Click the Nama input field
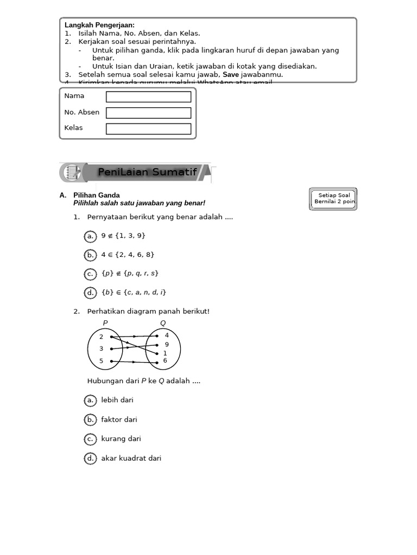(148, 96)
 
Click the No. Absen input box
(148, 113)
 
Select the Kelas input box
(148, 129)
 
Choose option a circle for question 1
(90, 236)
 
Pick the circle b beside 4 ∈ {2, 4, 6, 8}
(90, 255)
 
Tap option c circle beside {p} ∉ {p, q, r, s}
(90, 274)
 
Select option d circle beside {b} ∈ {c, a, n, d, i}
(90, 293)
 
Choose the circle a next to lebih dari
(90, 401)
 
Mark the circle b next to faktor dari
(90, 420)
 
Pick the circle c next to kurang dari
(90, 439)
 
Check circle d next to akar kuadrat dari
(90, 459)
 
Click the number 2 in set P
(101, 337)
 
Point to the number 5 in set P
(101, 361)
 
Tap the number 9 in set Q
(167, 345)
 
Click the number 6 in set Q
(165, 360)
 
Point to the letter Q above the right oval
(163, 323)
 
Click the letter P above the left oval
(105, 323)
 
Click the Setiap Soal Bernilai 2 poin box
(333, 199)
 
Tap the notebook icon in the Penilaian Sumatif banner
(72, 172)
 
